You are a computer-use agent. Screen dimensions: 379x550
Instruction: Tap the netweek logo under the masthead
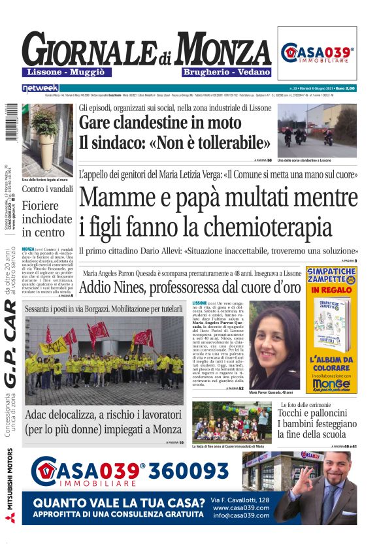tap(41, 88)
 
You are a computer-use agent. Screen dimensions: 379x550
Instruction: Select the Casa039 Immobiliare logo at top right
tap(318, 53)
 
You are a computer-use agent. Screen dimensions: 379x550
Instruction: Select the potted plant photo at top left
tap(47, 140)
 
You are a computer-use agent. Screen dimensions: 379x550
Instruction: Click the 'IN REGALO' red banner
tap(331, 289)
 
